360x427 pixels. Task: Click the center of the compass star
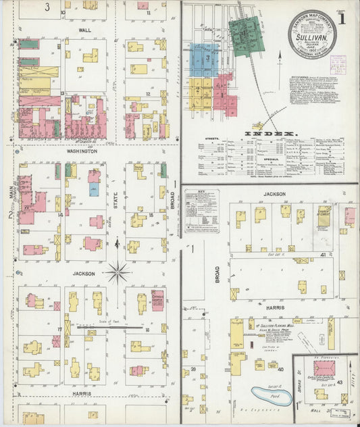pyautogui.click(x=118, y=273)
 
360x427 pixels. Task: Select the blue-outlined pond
pyautogui.click(x=272, y=395)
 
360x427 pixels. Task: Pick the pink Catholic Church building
pyautogui.click(x=157, y=299)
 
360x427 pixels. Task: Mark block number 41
pyautogui.click(x=324, y=254)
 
